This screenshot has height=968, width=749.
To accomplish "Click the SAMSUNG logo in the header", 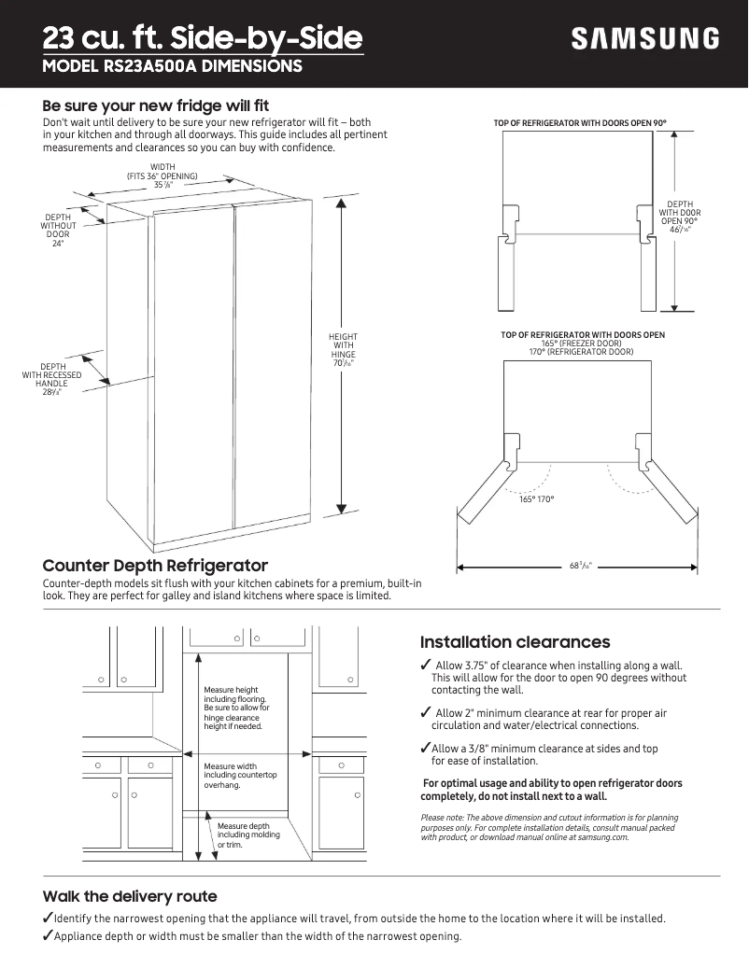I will tap(645, 39).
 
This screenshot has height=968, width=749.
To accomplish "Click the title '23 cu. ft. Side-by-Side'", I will tap(203, 38).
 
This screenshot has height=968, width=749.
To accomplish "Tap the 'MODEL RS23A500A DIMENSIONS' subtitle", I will tap(173, 67).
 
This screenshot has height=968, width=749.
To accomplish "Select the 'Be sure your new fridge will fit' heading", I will tap(156, 105).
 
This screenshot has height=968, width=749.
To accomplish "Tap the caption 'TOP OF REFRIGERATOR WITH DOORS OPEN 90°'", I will tap(580, 123).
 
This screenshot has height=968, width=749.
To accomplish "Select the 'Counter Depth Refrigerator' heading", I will tap(155, 566).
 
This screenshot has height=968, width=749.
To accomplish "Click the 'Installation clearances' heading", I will tap(515, 642).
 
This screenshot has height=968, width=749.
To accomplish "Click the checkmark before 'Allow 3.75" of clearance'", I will tap(426, 665).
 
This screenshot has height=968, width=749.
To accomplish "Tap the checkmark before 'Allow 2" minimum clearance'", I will tap(426, 713).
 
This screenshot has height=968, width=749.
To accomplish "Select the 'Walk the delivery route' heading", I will tap(130, 896).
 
